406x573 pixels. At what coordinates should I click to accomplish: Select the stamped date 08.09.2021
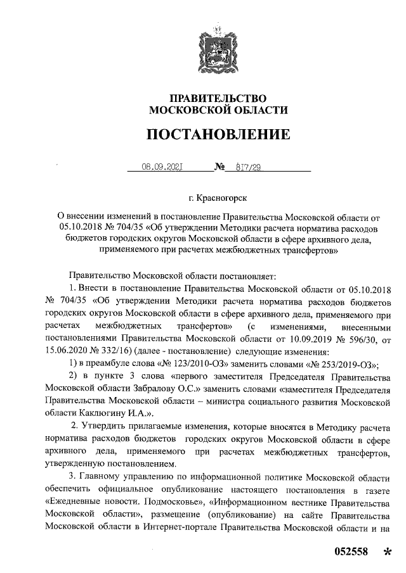162,168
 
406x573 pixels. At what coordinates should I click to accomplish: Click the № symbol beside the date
221,168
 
